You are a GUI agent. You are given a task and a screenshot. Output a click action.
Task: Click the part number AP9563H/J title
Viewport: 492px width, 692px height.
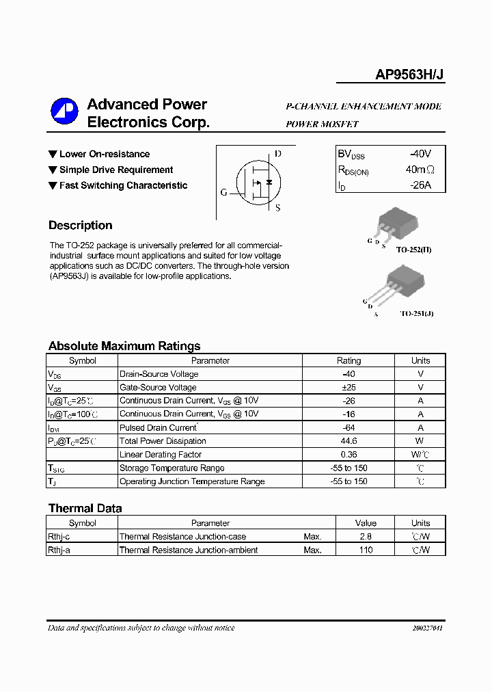(x=410, y=76)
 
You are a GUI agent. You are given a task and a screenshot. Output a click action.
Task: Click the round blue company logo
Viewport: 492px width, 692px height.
(x=66, y=112)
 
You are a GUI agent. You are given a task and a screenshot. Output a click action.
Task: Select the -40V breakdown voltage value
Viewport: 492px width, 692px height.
(x=420, y=154)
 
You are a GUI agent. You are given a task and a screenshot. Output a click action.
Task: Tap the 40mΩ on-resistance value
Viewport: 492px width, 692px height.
(x=420, y=170)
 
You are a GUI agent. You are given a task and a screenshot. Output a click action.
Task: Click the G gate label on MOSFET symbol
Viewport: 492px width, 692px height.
(x=223, y=193)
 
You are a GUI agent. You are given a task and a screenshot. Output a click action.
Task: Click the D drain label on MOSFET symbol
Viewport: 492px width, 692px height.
(x=278, y=154)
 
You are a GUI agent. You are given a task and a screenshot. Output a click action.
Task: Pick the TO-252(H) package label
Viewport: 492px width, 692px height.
(x=413, y=250)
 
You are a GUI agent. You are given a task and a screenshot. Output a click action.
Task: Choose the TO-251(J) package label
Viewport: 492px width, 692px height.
(x=416, y=313)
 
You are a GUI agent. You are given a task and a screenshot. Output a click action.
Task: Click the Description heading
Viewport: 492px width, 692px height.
(x=80, y=226)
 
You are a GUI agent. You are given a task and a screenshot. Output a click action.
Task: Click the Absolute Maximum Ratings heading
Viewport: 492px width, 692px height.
(x=124, y=346)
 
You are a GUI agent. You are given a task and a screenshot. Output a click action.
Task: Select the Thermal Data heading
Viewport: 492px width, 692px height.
(x=85, y=508)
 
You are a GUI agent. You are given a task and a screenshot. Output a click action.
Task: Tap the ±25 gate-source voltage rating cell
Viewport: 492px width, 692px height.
(x=348, y=388)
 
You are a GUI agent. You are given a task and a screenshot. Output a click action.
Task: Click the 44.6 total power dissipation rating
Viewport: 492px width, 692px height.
(x=348, y=441)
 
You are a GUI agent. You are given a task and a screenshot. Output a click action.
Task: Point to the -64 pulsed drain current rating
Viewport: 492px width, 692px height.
(x=348, y=428)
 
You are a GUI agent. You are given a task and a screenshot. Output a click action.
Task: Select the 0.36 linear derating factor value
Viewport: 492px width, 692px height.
(x=348, y=455)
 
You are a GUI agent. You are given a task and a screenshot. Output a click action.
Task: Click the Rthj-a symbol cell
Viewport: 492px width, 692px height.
(x=59, y=550)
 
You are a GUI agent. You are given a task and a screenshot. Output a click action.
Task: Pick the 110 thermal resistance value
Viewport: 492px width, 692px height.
(x=366, y=550)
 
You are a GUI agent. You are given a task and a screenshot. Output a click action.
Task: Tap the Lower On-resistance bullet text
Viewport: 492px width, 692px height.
(x=104, y=155)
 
